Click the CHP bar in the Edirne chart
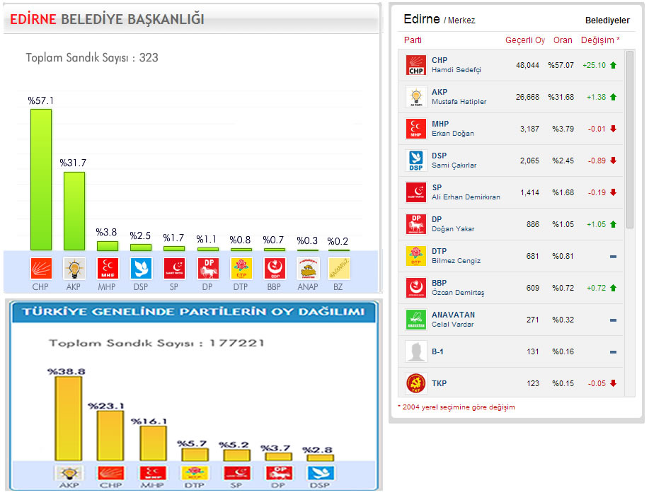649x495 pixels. [x=40, y=180]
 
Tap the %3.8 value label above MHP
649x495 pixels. [x=107, y=231]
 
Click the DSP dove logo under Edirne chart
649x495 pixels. [x=140, y=269]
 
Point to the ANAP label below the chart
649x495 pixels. [x=308, y=287]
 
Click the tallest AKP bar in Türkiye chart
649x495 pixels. [x=68, y=419]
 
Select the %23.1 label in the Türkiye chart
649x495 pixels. [x=105, y=406]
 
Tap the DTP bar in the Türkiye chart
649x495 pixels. [x=195, y=454]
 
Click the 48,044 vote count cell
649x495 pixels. [x=527, y=65]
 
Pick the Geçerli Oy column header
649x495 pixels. [x=524, y=40]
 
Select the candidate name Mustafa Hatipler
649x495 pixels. [x=459, y=102]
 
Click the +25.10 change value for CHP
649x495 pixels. [x=593, y=65]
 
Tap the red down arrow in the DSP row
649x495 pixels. [x=613, y=161]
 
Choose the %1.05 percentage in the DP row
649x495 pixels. [x=563, y=224]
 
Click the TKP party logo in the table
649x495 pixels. [x=415, y=383]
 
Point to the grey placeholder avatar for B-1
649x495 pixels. [x=415, y=351]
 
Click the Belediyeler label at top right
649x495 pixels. [x=607, y=21]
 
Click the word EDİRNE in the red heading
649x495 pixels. [x=33, y=20]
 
